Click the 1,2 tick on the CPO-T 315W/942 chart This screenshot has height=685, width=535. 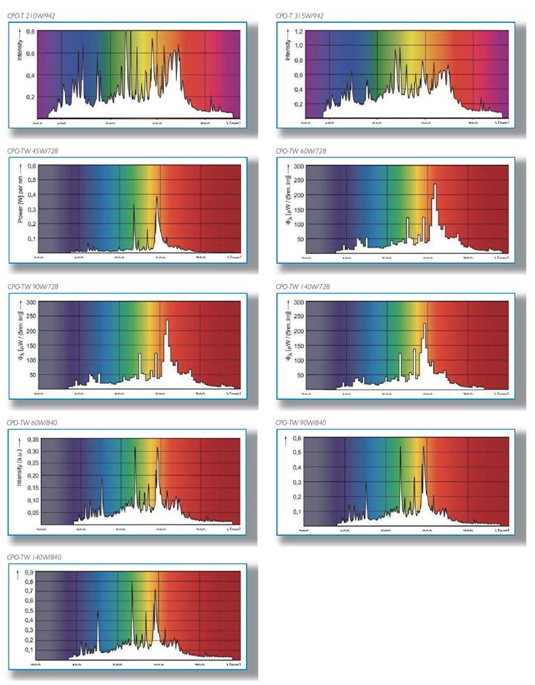pos(298,32)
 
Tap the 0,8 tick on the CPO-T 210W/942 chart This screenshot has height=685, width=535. pos(30,32)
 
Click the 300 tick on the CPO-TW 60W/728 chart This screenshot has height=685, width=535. pos(299,166)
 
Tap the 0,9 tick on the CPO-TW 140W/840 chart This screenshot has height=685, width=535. pos(29,572)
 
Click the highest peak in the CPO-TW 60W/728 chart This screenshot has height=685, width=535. pos(434,186)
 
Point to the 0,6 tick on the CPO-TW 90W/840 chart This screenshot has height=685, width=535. pos(297,438)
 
